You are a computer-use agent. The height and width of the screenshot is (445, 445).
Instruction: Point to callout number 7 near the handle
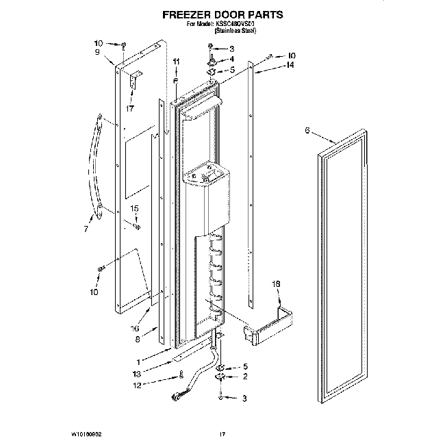click(x=86, y=229)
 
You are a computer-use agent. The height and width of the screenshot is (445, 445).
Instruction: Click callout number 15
click(x=134, y=208)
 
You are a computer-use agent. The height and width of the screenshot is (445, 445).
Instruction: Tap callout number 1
click(x=138, y=361)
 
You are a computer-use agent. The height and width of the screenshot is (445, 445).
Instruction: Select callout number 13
click(x=136, y=373)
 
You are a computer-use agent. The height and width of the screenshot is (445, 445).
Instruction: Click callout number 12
click(x=136, y=385)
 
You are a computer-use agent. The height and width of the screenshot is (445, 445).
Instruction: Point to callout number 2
click(x=246, y=376)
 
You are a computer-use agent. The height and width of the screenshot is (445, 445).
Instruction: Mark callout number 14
click(x=290, y=65)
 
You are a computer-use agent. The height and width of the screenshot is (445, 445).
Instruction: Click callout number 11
click(x=176, y=62)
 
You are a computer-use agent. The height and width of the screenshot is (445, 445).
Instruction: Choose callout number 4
click(x=231, y=59)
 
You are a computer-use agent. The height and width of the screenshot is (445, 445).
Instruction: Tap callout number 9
click(x=98, y=52)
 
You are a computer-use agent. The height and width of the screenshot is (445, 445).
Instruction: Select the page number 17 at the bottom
click(x=222, y=434)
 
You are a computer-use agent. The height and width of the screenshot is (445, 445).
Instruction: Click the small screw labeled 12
click(x=180, y=374)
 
